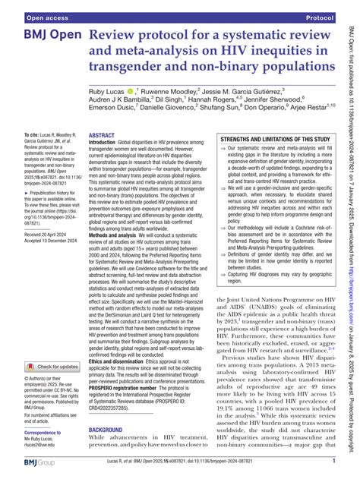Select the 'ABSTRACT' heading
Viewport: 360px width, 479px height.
coord(103,135)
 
